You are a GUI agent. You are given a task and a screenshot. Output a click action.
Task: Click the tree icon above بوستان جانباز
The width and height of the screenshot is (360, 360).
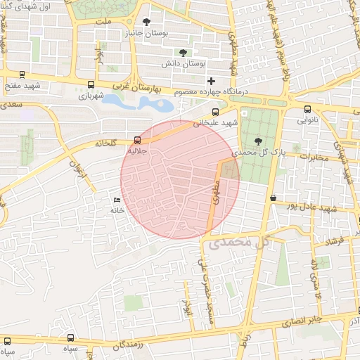point(146,22)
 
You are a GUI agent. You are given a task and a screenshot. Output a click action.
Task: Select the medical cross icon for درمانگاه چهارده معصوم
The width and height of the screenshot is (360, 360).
point(211,82)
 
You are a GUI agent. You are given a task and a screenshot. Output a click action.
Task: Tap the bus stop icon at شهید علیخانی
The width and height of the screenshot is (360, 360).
point(215,111)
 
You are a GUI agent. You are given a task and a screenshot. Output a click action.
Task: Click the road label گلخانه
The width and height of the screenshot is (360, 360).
point(110,143)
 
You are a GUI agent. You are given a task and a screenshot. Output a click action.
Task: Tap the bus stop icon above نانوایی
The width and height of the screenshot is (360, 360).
point(308,109)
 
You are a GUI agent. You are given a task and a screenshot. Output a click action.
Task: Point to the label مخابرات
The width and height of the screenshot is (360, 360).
point(313,157)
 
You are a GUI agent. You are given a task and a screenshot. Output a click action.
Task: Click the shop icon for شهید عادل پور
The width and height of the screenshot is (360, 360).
point(273,198)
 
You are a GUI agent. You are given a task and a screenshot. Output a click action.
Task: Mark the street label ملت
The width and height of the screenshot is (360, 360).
point(105,22)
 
